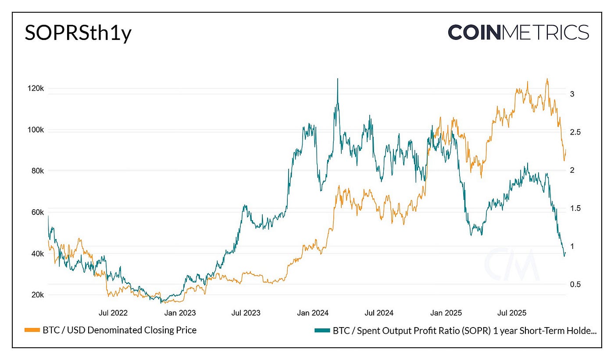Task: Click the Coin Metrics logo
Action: pos(518,32)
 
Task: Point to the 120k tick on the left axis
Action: pos(35,89)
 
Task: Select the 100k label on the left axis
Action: pos(35,130)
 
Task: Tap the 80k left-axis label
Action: pos(36,171)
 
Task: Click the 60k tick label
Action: pos(36,213)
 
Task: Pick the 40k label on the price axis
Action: pos(36,254)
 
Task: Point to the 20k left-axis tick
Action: pos(36,295)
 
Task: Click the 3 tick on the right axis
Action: pos(572,94)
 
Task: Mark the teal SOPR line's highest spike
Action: pos(337,79)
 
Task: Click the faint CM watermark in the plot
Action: pos(512,264)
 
